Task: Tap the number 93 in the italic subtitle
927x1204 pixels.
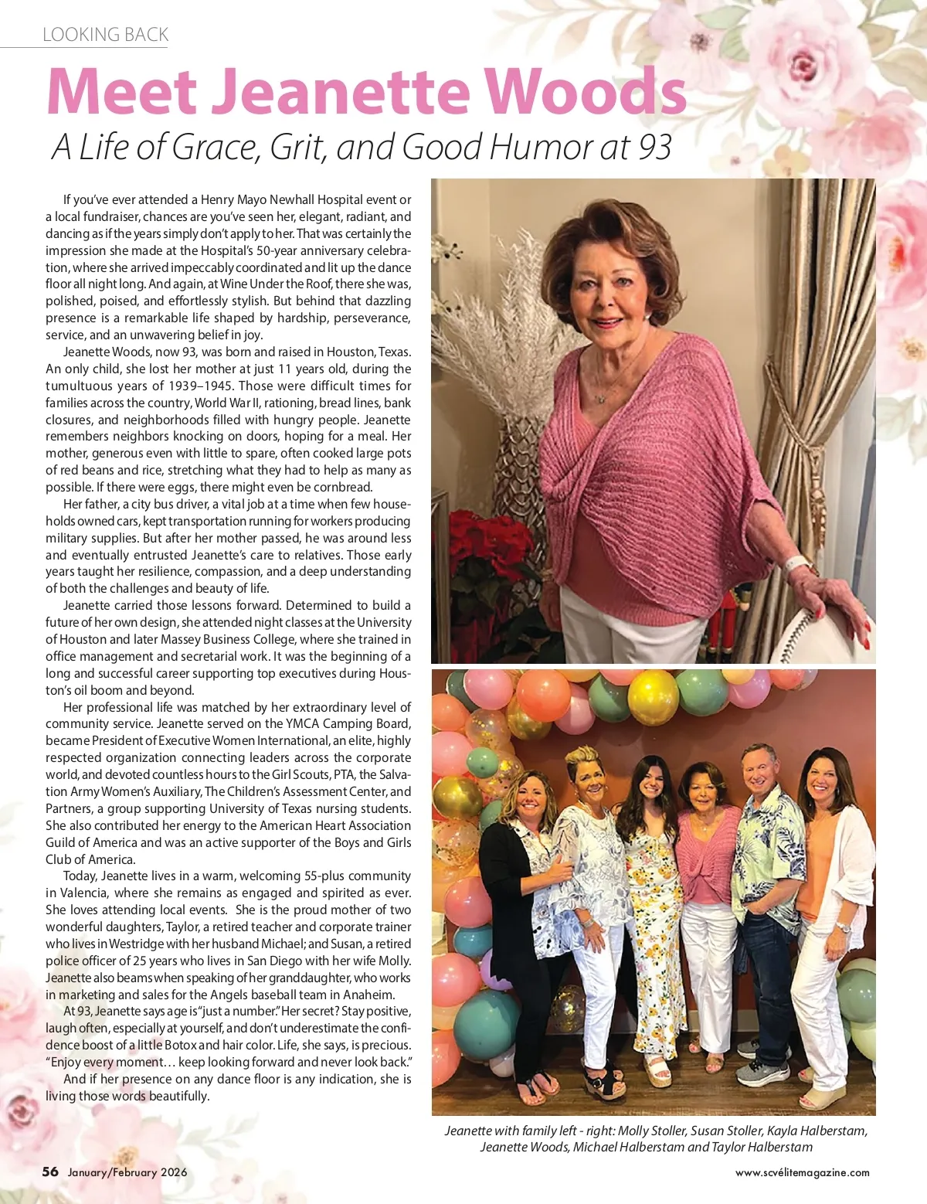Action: [654, 147]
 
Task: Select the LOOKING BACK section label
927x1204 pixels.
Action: [105, 35]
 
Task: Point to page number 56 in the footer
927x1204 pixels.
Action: [50, 1172]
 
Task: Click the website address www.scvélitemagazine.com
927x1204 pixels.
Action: [802, 1172]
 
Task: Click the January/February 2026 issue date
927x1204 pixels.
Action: [127, 1172]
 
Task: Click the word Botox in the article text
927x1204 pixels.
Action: [180, 1046]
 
